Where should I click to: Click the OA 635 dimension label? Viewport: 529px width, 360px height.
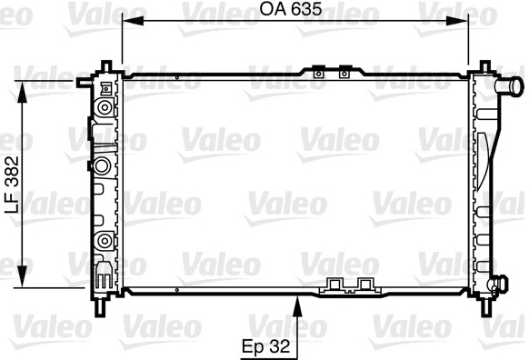tap(291, 9)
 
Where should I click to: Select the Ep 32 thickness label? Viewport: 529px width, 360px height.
tap(265, 346)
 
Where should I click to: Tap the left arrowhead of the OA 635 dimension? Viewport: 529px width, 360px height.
tap(133, 21)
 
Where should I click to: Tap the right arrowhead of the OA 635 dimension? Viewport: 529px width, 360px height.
tap(457, 21)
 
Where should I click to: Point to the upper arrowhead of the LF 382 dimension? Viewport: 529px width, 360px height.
tap(22, 92)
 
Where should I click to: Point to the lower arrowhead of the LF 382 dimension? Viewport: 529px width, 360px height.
tap(22, 276)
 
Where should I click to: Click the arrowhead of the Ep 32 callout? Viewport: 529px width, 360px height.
tap(297, 306)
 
